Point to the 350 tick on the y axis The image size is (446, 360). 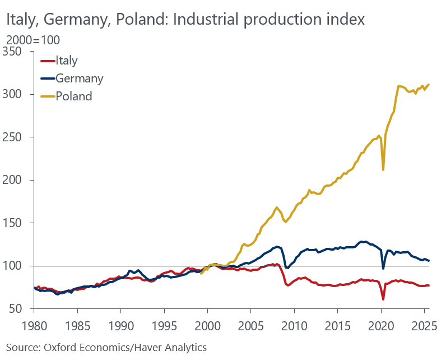[17, 52]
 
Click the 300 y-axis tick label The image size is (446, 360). [17, 94]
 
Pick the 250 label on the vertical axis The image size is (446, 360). [17, 137]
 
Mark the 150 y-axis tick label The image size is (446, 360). [17, 223]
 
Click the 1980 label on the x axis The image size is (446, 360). [34, 326]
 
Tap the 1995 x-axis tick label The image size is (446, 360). [164, 326]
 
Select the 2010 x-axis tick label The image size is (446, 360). [294, 326]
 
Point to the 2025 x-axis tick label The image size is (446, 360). [424, 326]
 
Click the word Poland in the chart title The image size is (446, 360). [141, 20]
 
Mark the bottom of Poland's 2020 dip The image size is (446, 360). [383, 170]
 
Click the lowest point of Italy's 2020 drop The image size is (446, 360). [383, 299]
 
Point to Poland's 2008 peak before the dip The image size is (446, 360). [277, 207]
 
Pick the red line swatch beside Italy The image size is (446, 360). [48, 61]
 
